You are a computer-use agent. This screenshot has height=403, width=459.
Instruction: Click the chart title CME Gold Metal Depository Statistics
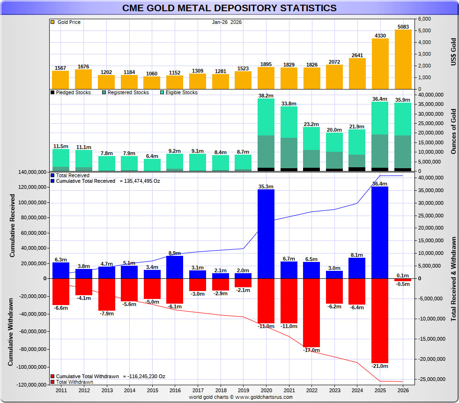click(x=229, y=8)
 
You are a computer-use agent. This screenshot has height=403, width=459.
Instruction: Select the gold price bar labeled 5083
click(x=403, y=59)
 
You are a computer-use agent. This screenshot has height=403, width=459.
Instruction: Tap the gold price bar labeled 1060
click(x=152, y=83)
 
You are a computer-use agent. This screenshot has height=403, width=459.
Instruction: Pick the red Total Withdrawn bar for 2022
click(x=311, y=312)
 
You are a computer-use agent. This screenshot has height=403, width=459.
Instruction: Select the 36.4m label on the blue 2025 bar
click(x=380, y=184)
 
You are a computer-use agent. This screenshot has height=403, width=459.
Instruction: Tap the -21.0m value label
click(x=380, y=366)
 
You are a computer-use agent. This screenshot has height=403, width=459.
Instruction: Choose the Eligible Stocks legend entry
click(x=180, y=92)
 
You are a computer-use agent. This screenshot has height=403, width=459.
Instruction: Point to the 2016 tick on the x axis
click(x=175, y=390)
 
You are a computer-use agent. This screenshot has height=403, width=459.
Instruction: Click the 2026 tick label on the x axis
click(x=403, y=390)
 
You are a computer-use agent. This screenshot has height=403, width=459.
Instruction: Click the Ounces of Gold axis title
click(x=453, y=131)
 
